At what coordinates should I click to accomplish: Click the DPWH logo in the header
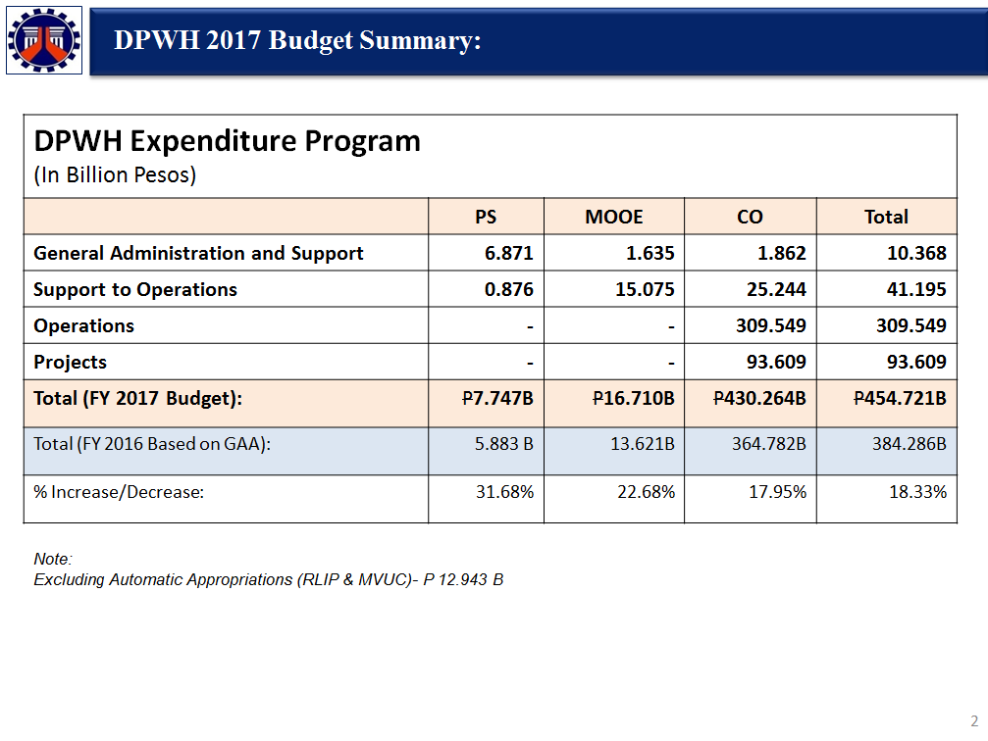(44, 40)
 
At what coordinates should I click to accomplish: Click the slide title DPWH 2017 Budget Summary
(297, 41)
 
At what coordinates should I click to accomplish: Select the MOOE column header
(614, 218)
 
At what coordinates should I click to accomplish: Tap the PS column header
(486, 218)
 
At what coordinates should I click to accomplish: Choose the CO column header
(750, 218)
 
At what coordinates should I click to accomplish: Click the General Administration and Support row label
(198, 253)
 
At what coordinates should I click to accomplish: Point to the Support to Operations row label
(135, 289)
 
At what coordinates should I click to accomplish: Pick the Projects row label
(70, 362)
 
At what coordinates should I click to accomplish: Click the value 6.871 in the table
(509, 253)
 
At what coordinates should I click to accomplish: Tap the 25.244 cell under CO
(776, 289)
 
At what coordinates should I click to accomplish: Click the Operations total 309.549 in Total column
(911, 325)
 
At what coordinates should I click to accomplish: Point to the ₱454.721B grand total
(900, 399)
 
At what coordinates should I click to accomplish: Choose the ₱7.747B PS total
(497, 399)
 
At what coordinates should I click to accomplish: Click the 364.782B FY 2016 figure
(769, 444)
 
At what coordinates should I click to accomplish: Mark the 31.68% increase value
(504, 492)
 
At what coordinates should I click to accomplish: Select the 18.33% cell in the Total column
(918, 492)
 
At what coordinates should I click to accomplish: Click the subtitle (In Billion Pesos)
(115, 175)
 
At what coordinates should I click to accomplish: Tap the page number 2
(974, 720)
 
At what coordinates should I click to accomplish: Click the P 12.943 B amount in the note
(463, 580)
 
